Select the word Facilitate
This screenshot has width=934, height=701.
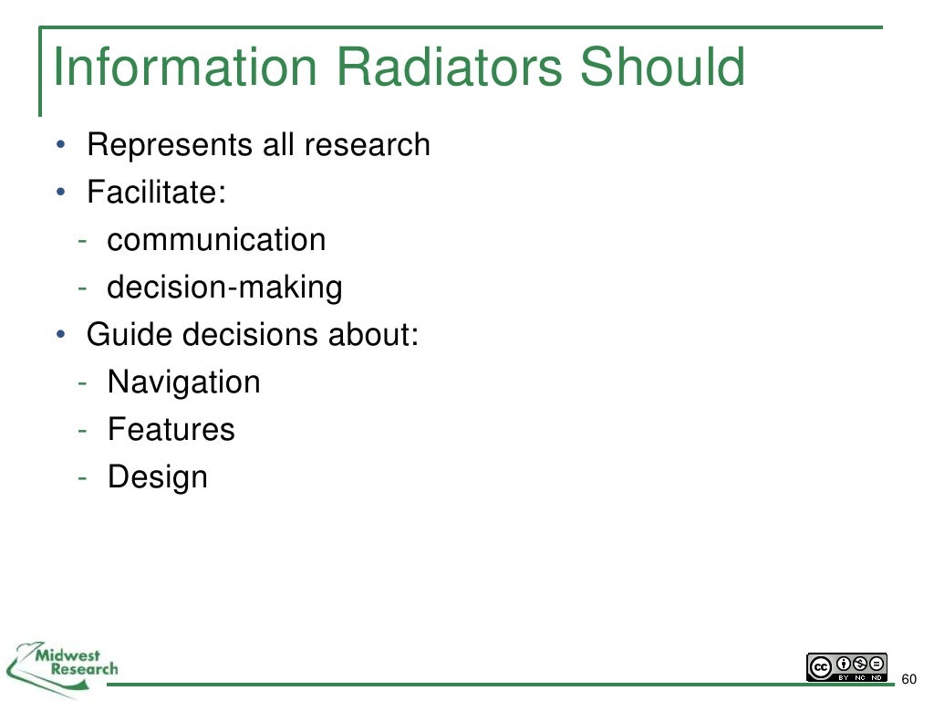[x=155, y=193]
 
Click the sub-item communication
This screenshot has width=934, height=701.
[x=216, y=240]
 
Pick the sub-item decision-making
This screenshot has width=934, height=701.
[x=224, y=288]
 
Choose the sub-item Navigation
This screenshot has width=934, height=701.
[x=183, y=382]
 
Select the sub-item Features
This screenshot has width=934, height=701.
[x=171, y=430]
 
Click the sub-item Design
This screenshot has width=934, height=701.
[x=158, y=477]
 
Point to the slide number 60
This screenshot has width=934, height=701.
[x=908, y=679]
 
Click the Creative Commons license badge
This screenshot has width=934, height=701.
[x=846, y=666]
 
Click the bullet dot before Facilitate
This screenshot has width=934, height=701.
[x=59, y=193]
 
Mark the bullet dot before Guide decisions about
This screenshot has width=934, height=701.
[x=59, y=335]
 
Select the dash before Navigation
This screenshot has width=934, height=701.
[x=83, y=382]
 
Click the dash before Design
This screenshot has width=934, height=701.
[x=83, y=477]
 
